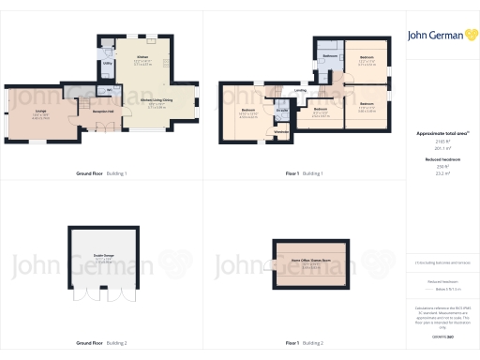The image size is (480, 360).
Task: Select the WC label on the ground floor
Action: pyautogui.click(x=110, y=90)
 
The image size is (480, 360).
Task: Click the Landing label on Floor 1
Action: pyautogui.click(x=300, y=91)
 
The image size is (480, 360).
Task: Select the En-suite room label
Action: pyautogui.click(x=282, y=111)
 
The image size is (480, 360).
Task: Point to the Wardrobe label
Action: pyautogui.click(x=280, y=131)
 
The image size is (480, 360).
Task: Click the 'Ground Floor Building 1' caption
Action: pyautogui.click(x=101, y=173)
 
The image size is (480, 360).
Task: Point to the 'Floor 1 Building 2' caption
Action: pyautogui.click(x=304, y=343)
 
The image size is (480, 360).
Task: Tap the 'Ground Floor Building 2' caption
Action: pyautogui.click(x=101, y=343)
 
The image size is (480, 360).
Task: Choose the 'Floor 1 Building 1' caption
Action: pyautogui.click(x=304, y=173)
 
